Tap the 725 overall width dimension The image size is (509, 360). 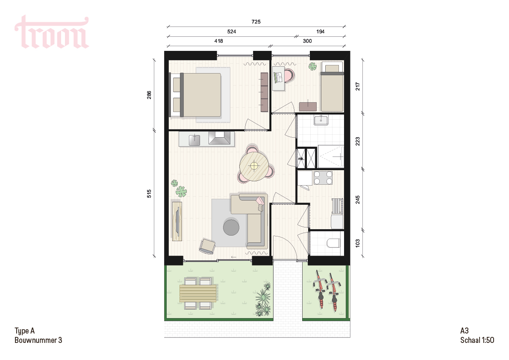(x=256, y=22)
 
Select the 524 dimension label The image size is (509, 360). (x=232, y=32)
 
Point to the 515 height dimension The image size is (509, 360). (x=149, y=194)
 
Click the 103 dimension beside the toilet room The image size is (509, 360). (x=357, y=243)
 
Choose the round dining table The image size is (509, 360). (x=254, y=166)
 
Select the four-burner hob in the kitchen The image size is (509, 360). (x=323, y=178)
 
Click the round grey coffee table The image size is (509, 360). (x=231, y=227)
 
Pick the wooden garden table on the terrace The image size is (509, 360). (x=198, y=293)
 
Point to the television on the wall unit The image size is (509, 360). (x=177, y=221)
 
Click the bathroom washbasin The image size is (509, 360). (x=321, y=120)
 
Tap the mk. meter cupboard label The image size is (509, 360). (x=301, y=159)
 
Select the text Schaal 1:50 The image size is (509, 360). (x=477, y=340)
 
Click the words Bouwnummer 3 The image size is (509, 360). (x=38, y=340)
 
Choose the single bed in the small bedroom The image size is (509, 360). (x=332, y=87)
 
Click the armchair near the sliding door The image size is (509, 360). (x=207, y=246)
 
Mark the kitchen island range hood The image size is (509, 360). (x=222, y=138)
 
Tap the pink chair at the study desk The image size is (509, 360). (x=288, y=75)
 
